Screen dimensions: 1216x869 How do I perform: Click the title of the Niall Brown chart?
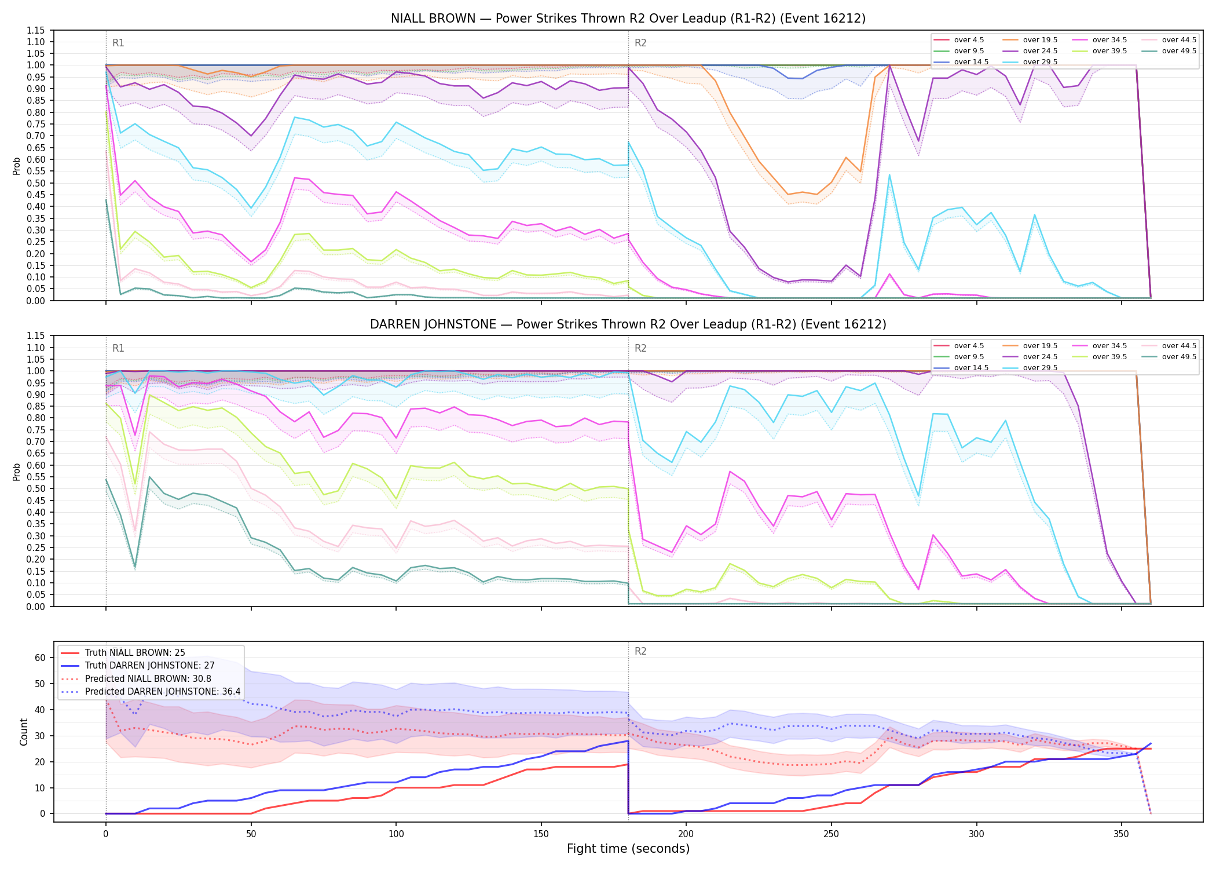628,19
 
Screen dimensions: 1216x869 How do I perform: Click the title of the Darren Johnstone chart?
628,324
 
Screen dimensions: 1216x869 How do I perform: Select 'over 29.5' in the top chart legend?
1040,62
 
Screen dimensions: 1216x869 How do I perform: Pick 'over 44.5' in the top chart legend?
1179,40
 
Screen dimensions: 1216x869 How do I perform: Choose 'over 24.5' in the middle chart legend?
1040,357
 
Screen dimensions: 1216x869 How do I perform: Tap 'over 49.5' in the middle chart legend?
1179,357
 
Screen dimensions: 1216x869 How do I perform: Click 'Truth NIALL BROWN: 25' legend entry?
135,653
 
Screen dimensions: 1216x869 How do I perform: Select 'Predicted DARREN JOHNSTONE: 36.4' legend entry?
163,692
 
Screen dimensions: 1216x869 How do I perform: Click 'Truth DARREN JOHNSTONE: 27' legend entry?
149,666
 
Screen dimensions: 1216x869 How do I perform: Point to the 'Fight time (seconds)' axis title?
628,849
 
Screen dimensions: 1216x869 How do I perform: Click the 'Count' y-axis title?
24,732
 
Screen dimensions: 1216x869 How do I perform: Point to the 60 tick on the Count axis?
40,658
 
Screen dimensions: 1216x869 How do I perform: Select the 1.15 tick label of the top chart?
36,30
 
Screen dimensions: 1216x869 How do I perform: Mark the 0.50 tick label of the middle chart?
36,489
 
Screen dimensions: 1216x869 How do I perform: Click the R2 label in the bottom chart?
640,651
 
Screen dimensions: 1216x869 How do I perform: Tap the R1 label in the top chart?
118,43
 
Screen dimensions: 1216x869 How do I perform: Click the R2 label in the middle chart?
640,348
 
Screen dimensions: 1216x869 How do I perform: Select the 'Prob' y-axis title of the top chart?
17,166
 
